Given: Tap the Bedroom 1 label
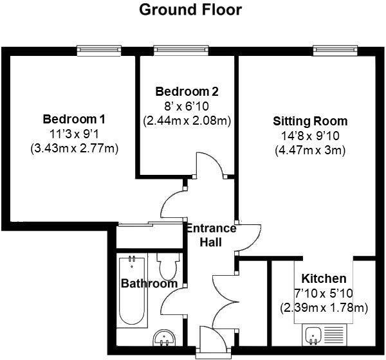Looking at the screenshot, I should [74, 119].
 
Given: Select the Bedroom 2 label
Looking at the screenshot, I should [187, 91].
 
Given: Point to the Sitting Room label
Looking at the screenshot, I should [310, 121].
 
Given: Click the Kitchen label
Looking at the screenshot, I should [324, 278].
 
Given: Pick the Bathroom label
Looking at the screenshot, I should [149, 283].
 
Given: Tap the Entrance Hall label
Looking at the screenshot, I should [211, 235].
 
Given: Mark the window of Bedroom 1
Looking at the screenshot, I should [98, 49].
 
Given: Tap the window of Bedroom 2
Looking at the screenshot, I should [175, 49].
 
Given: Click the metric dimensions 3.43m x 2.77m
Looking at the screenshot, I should [75, 148].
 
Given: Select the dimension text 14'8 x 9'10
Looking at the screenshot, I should [309, 136].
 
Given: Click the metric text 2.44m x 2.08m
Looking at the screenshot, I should [187, 120].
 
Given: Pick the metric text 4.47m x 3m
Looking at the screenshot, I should [309, 150].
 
